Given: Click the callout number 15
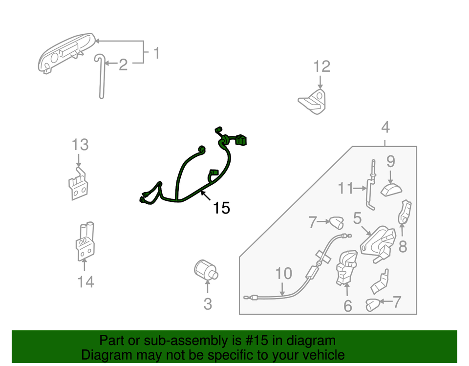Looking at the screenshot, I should pyautogui.click(x=221, y=208).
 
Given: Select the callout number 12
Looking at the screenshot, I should pyautogui.click(x=321, y=66).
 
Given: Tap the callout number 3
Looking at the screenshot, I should pyautogui.click(x=208, y=304).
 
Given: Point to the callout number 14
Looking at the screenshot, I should pyautogui.click(x=85, y=282).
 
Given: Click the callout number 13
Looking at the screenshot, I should pyautogui.click(x=80, y=145).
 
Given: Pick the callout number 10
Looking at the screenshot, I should pyautogui.click(x=283, y=274).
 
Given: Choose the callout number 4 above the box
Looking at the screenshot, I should pyautogui.click(x=385, y=128).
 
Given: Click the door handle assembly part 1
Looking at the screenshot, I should pyautogui.click(x=66, y=53).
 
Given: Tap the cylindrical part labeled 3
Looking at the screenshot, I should pyautogui.click(x=205, y=269).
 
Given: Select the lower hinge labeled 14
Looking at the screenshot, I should pyautogui.click(x=85, y=243).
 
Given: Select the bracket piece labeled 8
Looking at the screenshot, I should pyautogui.click(x=405, y=213).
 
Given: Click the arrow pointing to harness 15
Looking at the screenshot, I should pyautogui.click(x=206, y=196).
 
